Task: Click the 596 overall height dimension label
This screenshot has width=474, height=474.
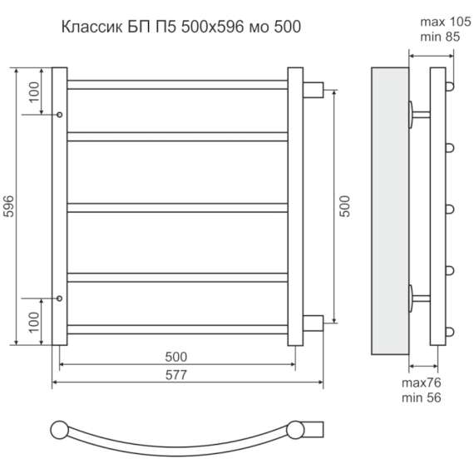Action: click(x=9, y=206)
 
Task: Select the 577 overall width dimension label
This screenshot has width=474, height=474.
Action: click(x=176, y=375)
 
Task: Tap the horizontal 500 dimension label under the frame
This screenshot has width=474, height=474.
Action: click(x=176, y=357)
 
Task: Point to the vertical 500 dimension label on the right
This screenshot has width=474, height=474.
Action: click(x=344, y=206)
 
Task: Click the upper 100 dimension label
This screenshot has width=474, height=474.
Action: click(x=34, y=92)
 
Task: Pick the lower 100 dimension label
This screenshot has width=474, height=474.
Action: click(x=34, y=323)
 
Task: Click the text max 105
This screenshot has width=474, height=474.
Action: click(x=446, y=22)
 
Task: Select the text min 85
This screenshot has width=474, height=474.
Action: click(x=440, y=37)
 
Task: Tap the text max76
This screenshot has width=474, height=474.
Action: click(x=422, y=383)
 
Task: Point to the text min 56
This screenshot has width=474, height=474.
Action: click(x=422, y=397)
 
